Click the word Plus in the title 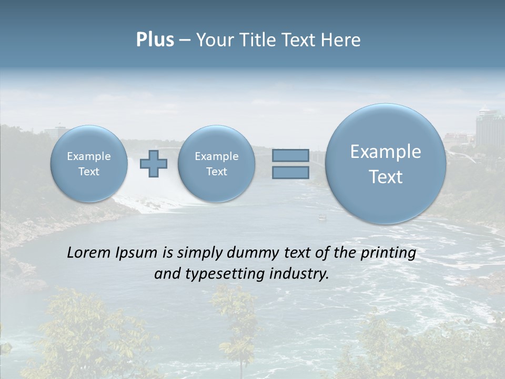tap(155, 40)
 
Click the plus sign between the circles tap(154, 164)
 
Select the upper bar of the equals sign tap(290, 155)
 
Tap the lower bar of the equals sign tap(290, 172)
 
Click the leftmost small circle tap(89, 164)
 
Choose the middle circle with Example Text tap(216, 164)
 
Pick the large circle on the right tap(386, 164)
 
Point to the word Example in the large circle tap(386, 152)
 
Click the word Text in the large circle tap(386, 177)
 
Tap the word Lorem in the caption tap(89, 253)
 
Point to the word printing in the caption tap(388, 253)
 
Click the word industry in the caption tap(298, 274)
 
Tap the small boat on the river tap(322, 216)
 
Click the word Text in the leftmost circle tap(89, 171)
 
